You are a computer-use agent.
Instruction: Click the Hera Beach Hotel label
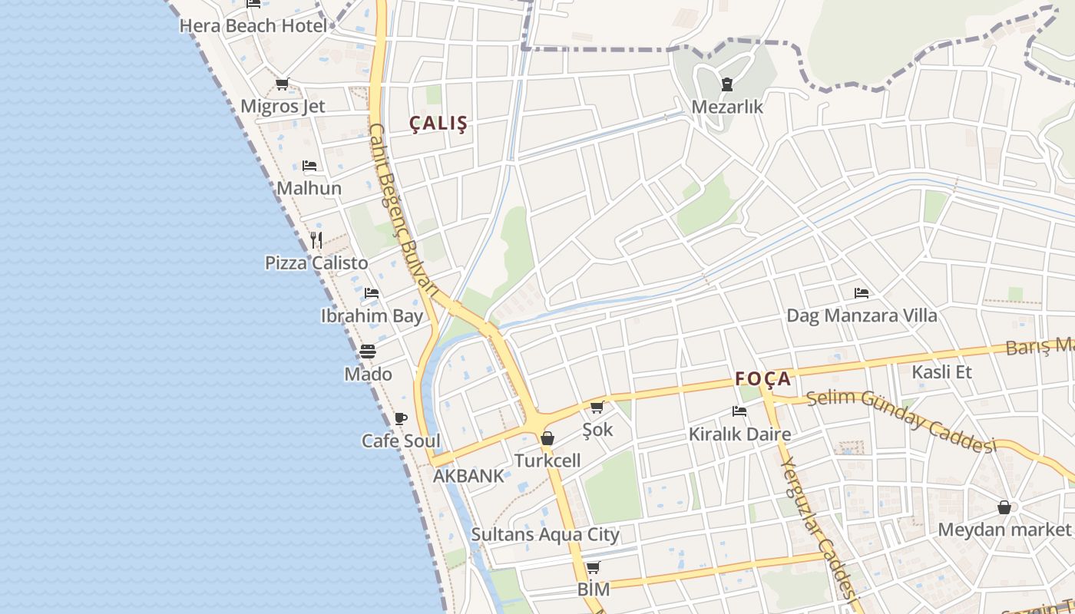click(253, 26)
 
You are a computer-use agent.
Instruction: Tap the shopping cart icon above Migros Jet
click(282, 84)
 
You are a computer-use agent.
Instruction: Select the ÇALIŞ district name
click(438, 124)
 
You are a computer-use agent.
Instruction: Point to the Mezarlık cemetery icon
click(726, 84)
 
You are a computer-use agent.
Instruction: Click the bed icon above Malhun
click(309, 166)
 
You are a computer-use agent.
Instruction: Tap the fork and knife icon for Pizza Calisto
click(316, 239)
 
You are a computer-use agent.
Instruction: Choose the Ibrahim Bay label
click(372, 315)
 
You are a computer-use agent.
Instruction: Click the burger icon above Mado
click(368, 352)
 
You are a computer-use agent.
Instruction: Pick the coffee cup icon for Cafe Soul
click(400, 418)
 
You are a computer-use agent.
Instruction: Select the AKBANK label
click(468, 476)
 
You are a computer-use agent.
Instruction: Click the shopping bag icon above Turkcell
click(547, 438)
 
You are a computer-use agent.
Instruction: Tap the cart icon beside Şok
click(597, 407)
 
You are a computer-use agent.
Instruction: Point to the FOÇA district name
click(762, 378)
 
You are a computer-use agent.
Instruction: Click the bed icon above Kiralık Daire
click(739, 411)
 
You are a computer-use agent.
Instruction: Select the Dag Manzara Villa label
click(862, 315)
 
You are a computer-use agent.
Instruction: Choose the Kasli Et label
click(941, 372)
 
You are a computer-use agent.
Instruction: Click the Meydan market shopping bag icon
click(1004, 507)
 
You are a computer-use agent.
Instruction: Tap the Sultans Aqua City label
click(545, 534)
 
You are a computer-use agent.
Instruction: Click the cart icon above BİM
click(593, 568)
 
